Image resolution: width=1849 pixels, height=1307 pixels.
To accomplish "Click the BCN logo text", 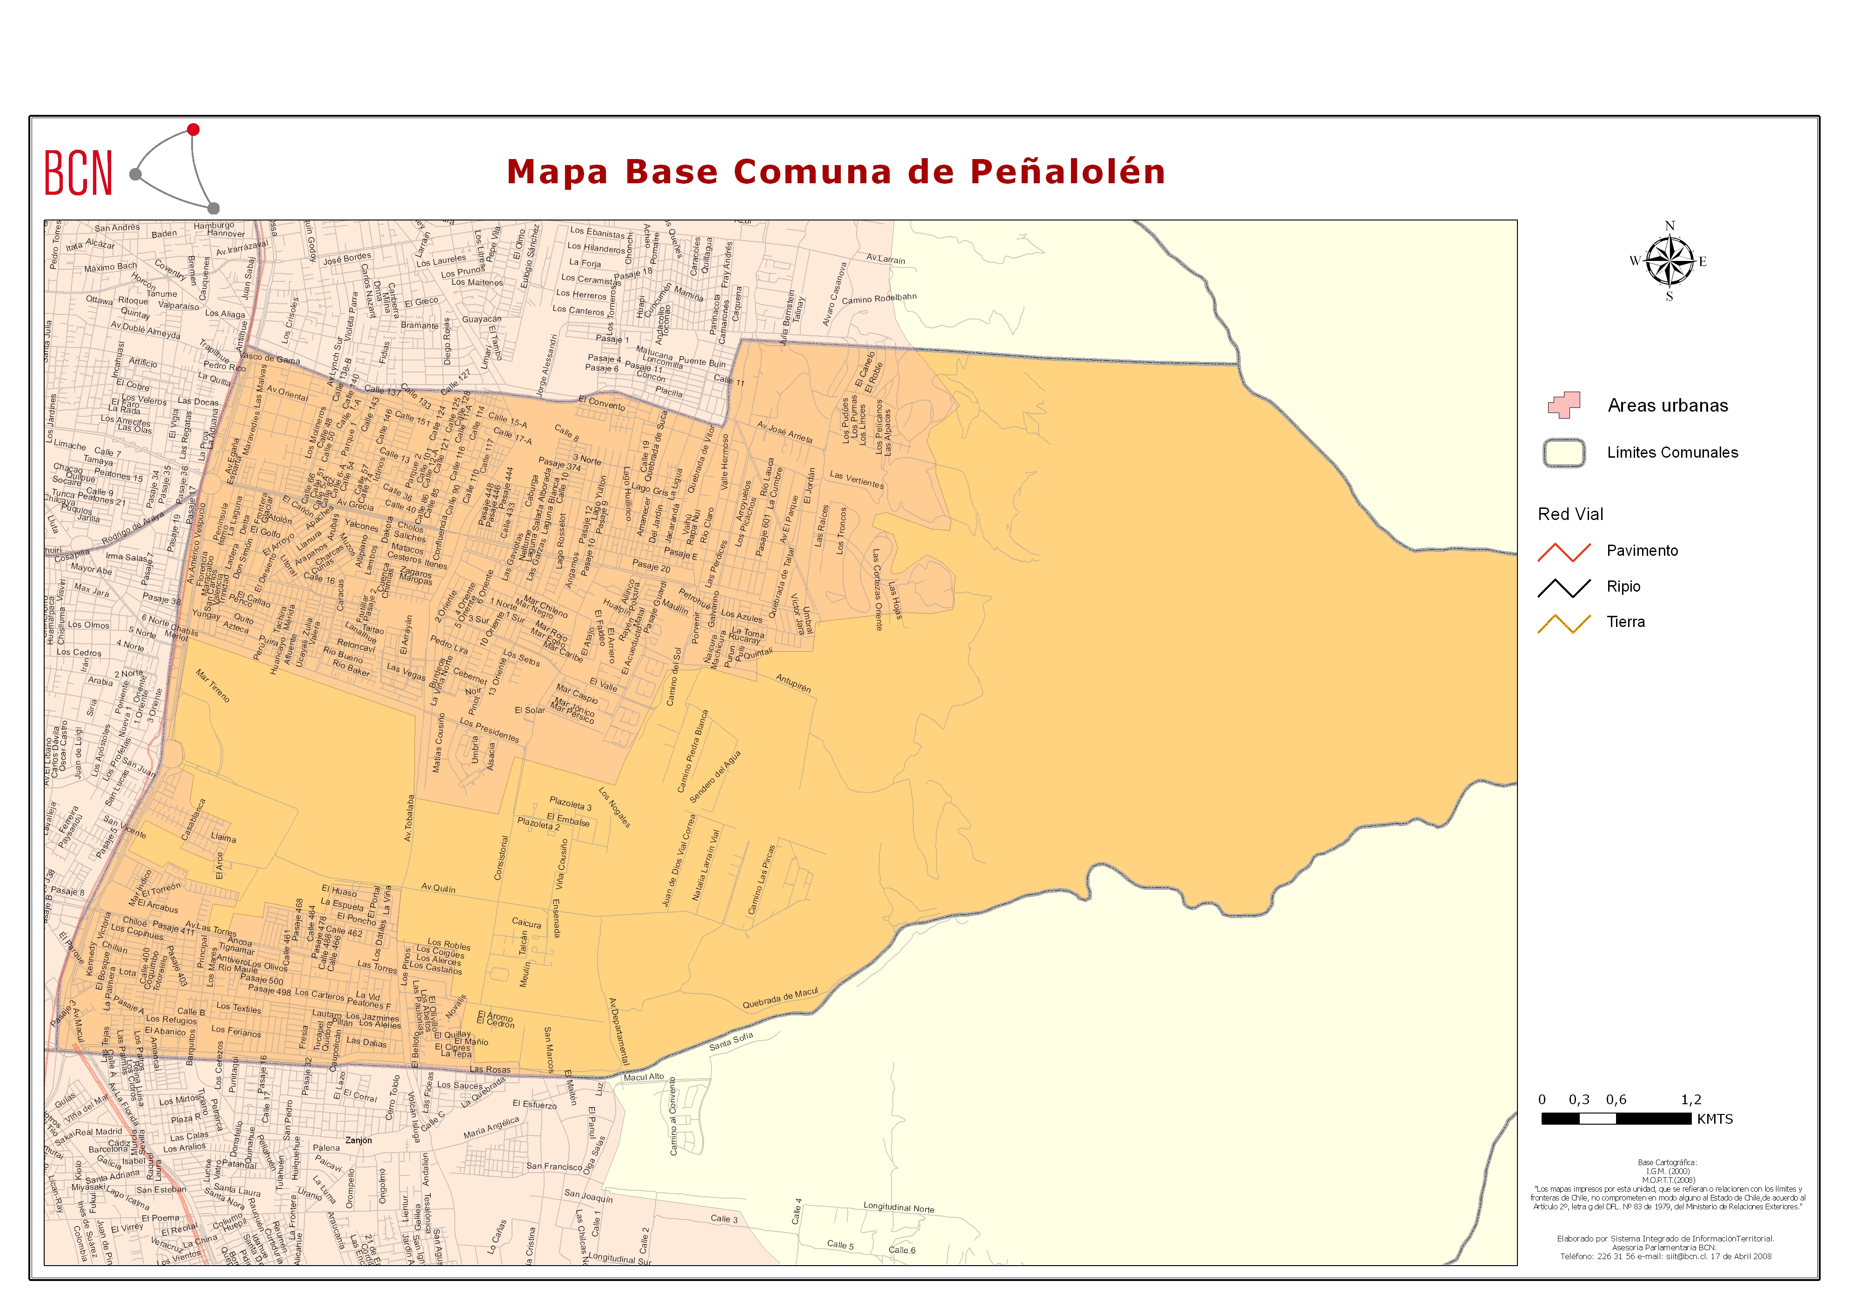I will (x=78, y=173).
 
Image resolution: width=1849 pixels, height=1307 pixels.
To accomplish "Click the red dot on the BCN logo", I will (x=193, y=130).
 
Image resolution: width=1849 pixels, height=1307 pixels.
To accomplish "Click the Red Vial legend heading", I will (x=1570, y=514).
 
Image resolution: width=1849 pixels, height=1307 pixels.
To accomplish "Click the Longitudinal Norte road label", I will (x=899, y=1207).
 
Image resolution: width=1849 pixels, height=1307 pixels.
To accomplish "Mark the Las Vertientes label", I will (x=857, y=480).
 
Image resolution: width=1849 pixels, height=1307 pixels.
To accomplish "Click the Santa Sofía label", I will (x=731, y=1041).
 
